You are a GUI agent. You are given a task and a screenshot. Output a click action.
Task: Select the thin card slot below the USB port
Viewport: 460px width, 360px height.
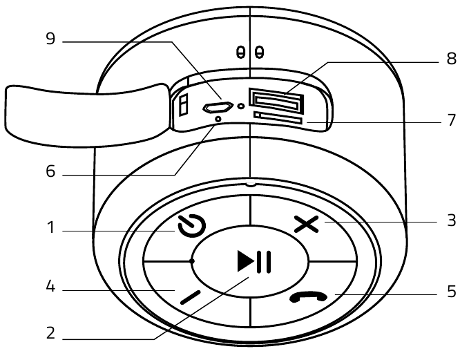(x=277, y=118)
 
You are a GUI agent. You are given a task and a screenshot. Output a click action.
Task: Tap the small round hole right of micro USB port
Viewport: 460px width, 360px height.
(x=240, y=107)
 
